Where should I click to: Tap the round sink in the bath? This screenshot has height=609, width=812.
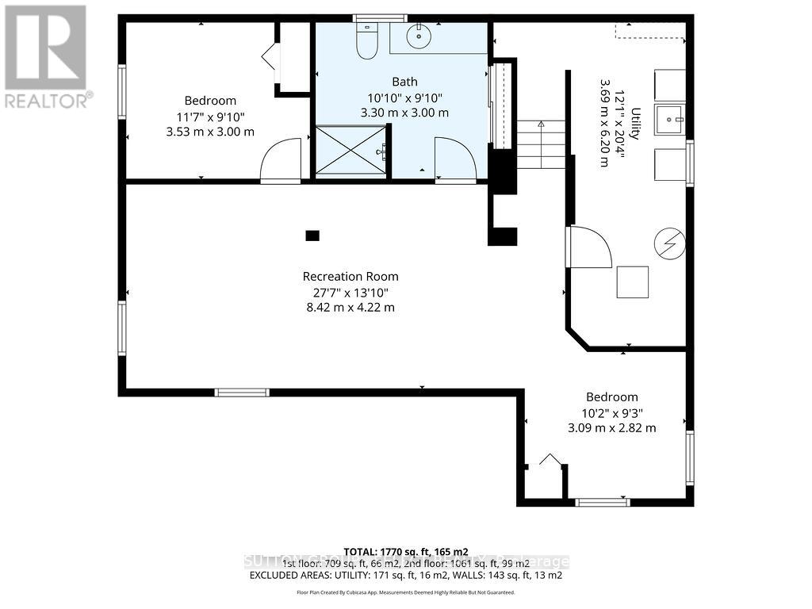pyautogui.click(x=418, y=36)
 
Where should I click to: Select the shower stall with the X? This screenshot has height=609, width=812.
pyautogui.click(x=350, y=149)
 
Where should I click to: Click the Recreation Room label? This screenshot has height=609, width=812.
pyautogui.click(x=350, y=277)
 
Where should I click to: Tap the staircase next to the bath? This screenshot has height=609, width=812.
pyautogui.click(x=541, y=144)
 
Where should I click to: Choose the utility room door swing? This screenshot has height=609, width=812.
pyautogui.click(x=588, y=248)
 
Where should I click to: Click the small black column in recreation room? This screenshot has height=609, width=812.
pyautogui.click(x=312, y=236)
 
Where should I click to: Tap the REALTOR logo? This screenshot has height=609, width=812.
pyautogui.click(x=46, y=56)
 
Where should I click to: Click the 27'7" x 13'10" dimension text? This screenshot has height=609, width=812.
pyautogui.click(x=350, y=292)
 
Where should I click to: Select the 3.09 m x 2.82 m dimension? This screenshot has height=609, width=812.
pyautogui.click(x=611, y=428)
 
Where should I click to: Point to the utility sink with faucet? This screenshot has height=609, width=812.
pyautogui.click(x=670, y=120)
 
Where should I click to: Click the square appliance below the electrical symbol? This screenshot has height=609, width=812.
pyautogui.click(x=632, y=282)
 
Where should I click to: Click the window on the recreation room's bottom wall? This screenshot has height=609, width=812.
pyautogui.click(x=242, y=393)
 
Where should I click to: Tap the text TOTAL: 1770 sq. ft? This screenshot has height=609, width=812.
pyautogui.click(x=406, y=551)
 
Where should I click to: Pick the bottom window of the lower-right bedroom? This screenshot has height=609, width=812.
pyautogui.click(x=602, y=502)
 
